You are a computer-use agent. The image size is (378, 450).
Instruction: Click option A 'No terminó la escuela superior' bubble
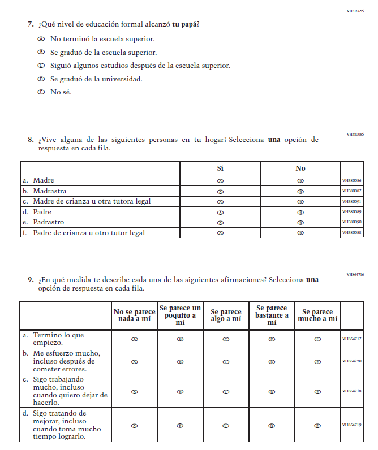(x=41, y=39)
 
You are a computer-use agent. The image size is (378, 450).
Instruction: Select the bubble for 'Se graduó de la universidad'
(x=41, y=79)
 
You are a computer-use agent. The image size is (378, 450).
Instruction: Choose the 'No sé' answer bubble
(x=41, y=92)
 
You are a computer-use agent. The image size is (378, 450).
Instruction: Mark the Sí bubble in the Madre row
(x=220, y=181)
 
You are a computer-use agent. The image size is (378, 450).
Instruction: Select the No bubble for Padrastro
(x=300, y=222)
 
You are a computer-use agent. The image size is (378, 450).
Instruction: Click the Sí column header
(x=220, y=168)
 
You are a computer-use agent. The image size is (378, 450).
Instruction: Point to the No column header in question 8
(x=300, y=168)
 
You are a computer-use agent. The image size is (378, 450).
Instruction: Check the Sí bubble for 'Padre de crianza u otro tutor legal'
(x=220, y=233)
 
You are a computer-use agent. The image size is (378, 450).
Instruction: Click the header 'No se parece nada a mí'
(x=134, y=315)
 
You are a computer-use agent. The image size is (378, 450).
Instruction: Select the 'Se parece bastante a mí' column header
(x=272, y=315)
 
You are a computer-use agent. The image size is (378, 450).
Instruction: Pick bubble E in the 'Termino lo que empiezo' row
(x=317, y=339)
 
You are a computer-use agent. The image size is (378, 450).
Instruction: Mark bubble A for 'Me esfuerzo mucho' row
(x=134, y=362)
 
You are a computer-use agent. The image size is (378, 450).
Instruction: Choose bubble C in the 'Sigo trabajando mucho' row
(x=226, y=391)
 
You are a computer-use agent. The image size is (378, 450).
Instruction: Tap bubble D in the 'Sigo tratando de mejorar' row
(x=272, y=426)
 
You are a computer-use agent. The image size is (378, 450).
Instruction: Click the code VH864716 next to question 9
(x=355, y=274)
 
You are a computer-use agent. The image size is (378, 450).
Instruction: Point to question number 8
(x=31, y=139)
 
